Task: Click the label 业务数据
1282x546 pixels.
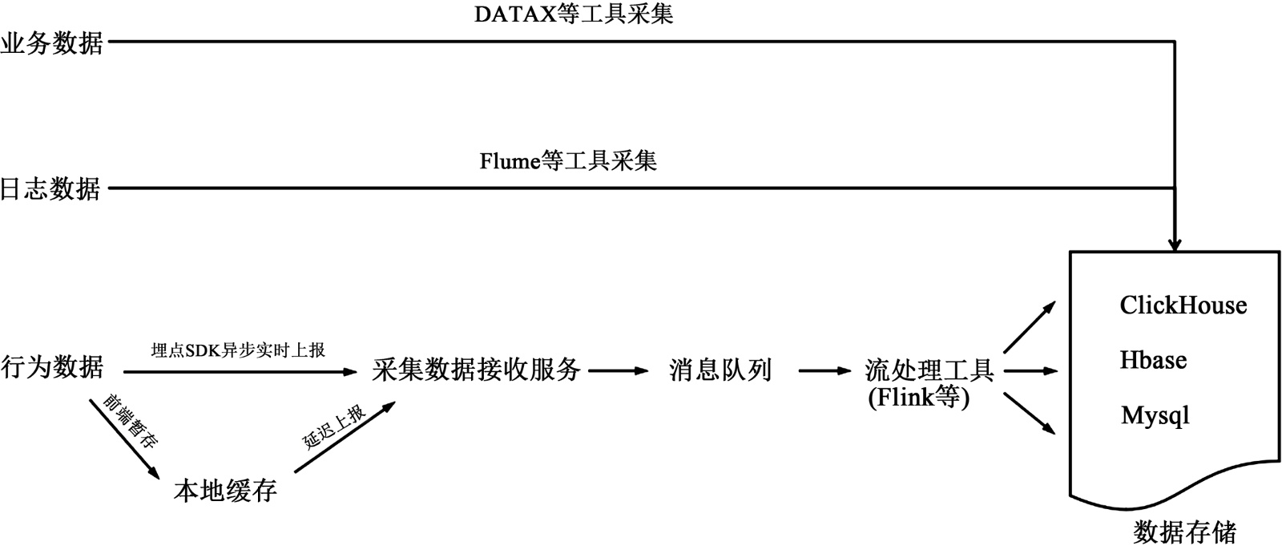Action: pyautogui.click(x=52, y=44)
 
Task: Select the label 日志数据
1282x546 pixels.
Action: pyautogui.click(x=50, y=189)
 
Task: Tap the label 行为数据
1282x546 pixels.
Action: pyautogui.click(x=52, y=367)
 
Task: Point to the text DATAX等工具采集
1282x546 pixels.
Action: pyautogui.click(x=574, y=14)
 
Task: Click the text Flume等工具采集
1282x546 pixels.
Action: pyautogui.click(x=568, y=161)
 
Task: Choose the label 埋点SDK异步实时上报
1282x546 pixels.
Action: pyautogui.click(x=238, y=350)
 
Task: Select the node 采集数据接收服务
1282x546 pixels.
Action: pyautogui.click(x=476, y=370)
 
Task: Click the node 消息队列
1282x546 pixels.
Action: pyautogui.click(x=720, y=370)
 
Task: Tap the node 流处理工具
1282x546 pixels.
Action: pyautogui.click(x=929, y=370)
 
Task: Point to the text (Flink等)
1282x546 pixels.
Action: pyautogui.click(x=918, y=397)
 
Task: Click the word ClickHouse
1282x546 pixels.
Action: pyautogui.click(x=1183, y=305)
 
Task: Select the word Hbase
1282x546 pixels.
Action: pyautogui.click(x=1153, y=360)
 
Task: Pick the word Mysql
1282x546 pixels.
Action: pyautogui.click(x=1155, y=415)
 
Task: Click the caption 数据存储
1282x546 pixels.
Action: pyautogui.click(x=1185, y=532)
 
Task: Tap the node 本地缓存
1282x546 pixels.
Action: pyautogui.click(x=225, y=491)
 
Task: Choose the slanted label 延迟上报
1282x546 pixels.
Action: pyautogui.click(x=334, y=427)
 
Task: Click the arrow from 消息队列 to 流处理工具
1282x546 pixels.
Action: pyautogui.click(x=824, y=370)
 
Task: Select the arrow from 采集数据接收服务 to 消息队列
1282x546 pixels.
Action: pyautogui.click(x=618, y=370)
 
